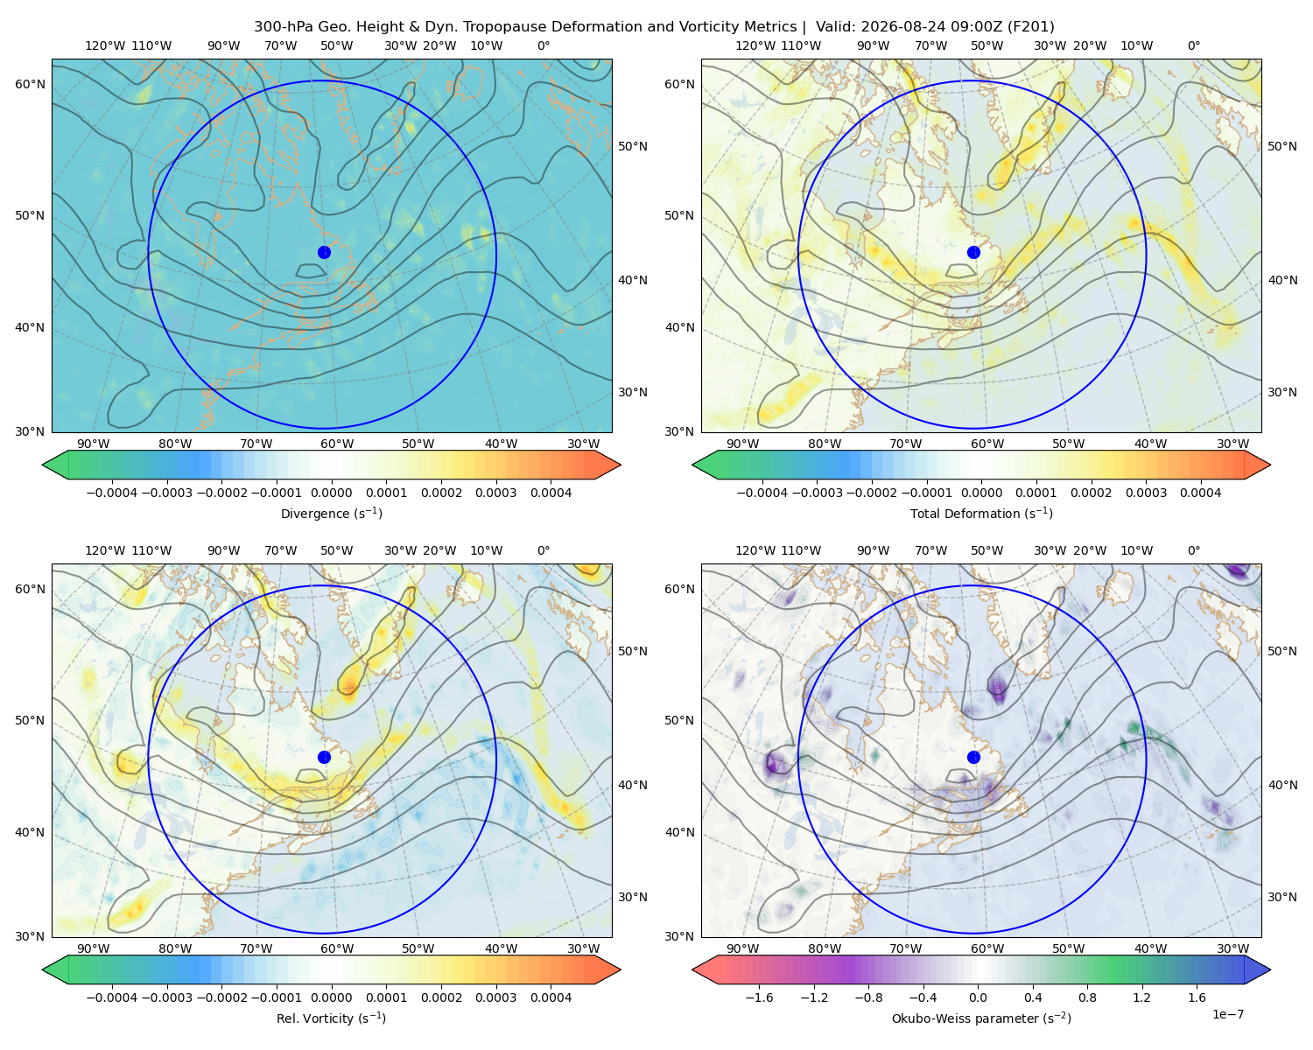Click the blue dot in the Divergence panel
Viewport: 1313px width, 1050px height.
pos(324,252)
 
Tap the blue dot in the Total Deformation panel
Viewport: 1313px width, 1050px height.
pos(973,252)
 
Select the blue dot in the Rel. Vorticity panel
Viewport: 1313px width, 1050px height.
pos(324,757)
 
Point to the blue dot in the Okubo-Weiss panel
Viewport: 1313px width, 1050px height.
pos(973,757)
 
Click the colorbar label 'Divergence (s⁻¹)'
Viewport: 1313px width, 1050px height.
pos(331,513)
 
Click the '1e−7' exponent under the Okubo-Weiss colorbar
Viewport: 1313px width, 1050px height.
pos(1227,1014)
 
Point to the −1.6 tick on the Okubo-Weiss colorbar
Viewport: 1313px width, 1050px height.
pos(759,997)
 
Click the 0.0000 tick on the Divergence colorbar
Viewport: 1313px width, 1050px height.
pos(331,493)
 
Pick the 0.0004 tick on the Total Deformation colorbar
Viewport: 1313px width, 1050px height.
pos(1201,493)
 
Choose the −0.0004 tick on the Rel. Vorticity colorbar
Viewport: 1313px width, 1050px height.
pos(112,997)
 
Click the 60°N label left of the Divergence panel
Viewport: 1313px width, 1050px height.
pos(30,84)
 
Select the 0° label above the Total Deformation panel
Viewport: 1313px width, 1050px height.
pos(1194,45)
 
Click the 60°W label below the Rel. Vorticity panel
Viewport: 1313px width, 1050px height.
pos(337,948)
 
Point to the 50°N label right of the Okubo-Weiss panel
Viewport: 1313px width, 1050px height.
pos(1282,651)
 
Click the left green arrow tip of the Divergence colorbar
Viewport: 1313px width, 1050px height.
pos(43,465)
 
